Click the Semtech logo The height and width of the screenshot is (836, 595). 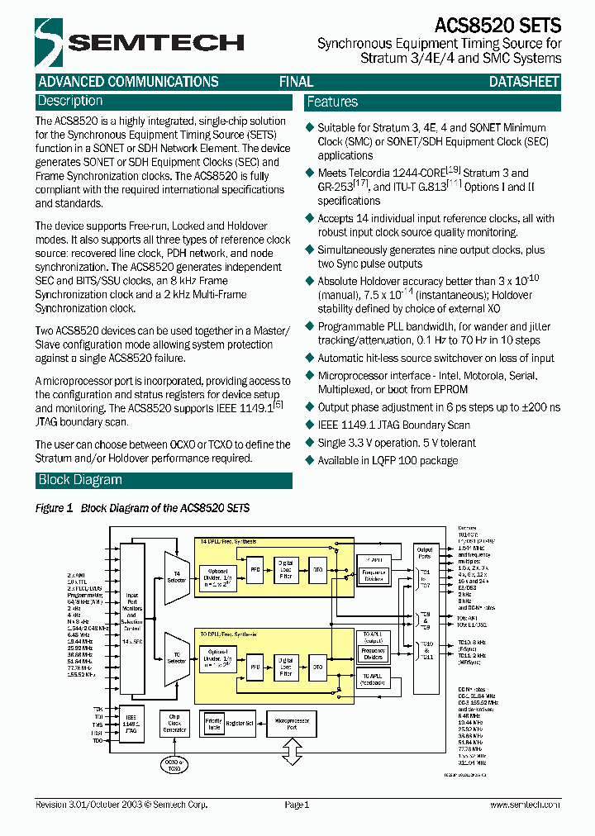(139, 42)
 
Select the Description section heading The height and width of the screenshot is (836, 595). (70, 102)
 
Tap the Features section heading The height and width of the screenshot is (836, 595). (332, 102)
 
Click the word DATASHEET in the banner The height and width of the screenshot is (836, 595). (524, 82)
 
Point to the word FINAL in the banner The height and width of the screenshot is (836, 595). (296, 82)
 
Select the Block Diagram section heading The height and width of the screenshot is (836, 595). (80, 481)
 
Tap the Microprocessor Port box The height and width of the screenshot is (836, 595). (292, 724)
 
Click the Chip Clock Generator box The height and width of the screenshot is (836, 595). (175, 724)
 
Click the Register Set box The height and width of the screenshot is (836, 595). (239, 724)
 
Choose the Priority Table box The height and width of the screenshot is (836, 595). (213, 724)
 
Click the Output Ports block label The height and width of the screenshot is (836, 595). (425, 553)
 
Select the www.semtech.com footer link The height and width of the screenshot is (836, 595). (524, 805)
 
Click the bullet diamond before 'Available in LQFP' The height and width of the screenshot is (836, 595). (310, 461)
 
